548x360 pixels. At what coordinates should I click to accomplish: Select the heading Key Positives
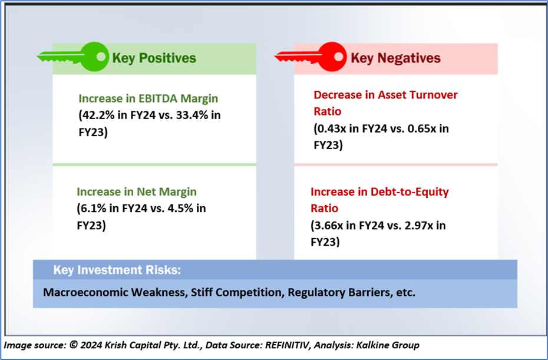pyautogui.click(x=154, y=58)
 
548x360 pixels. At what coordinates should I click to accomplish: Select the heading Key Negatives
pyautogui.click(x=395, y=58)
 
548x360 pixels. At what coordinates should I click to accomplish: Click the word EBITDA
pyautogui.click(x=158, y=98)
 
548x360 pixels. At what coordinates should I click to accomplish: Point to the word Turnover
pyautogui.click(x=433, y=95)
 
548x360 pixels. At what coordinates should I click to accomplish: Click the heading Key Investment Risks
pyautogui.click(x=117, y=270)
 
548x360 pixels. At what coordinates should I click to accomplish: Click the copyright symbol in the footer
pyautogui.click(x=74, y=345)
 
